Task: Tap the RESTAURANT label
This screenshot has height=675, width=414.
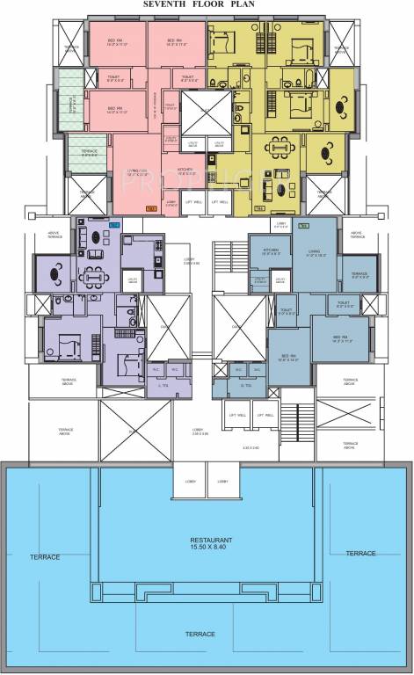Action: coord(211,539)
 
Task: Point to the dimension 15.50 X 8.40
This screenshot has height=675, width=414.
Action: coord(211,548)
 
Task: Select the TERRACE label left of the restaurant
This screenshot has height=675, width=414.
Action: coord(45,557)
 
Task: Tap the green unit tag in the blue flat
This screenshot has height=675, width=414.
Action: coord(303,227)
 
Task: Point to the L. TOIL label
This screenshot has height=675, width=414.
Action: coord(162,384)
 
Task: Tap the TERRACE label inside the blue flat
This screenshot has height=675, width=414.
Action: coord(359,274)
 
